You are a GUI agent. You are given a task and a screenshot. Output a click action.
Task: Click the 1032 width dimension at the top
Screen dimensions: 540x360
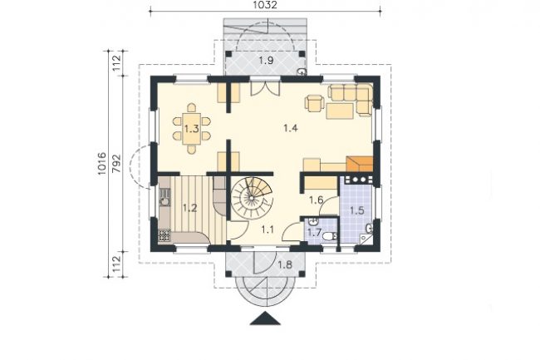pyautogui.click(x=265, y=5)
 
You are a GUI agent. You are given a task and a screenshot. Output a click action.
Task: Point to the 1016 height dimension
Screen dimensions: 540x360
pyautogui.click(x=102, y=164)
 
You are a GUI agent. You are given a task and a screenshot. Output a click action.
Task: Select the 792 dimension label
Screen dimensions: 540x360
pyautogui.click(x=117, y=163)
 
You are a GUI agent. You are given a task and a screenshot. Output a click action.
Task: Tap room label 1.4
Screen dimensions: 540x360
pyautogui.click(x=290, y=128)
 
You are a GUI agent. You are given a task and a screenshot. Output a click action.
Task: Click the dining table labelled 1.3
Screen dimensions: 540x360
pyautogui.click(x=191, y=129)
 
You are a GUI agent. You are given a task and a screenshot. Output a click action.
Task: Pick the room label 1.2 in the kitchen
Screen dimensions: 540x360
pyautogui.click(x=189, y=208)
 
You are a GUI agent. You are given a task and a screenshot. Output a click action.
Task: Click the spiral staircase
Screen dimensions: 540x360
pyautogui.click(x=252, y=197)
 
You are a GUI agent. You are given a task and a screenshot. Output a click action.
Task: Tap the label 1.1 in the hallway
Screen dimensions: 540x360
pyautogui.click(x=268, y=229)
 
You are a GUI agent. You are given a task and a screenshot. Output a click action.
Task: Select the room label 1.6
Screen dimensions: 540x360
pyautogui.click(x=317, y=200)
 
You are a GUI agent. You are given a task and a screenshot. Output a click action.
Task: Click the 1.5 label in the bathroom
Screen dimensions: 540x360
pyautogui.click(x=356, y=210)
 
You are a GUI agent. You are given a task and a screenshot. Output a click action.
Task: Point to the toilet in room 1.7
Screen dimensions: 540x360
pyautogui.click(x=329, y=236)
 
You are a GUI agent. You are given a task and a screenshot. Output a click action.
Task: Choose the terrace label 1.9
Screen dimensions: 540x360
pyautogui.click(x=266, y=61)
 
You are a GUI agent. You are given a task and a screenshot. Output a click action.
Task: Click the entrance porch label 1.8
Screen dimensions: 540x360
pyautogui.click(x=285, y=264)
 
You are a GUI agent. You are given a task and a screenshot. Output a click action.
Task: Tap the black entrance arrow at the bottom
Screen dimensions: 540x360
pyautogui.click(x=265, y=318)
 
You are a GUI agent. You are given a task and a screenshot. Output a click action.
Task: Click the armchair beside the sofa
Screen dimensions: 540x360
pyautogui.click(x=314, y=103)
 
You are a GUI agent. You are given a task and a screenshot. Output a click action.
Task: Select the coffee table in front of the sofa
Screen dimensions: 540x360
pyautogui.click(x=340, y=111)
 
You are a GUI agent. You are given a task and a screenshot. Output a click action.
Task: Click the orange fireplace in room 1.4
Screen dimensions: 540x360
pyautogui.click(x=360, y=164)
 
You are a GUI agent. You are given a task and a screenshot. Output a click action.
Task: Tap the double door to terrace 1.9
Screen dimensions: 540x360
pyautogui.click(x=265, y=88)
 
